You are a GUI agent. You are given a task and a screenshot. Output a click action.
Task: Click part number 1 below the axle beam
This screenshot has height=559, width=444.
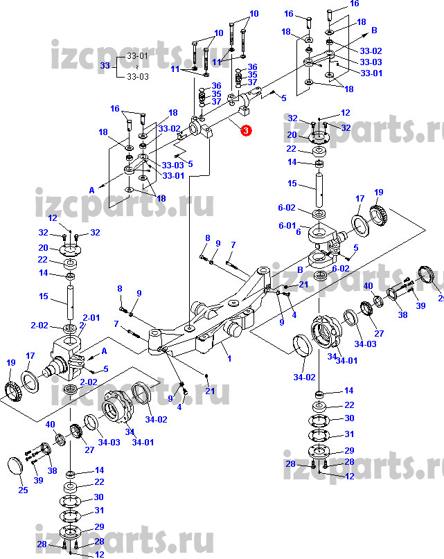click(229, 357)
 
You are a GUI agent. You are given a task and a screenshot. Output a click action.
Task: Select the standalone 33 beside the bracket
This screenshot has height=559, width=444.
click(105, 66)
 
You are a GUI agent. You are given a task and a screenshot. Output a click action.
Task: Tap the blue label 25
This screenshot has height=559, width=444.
click(23, 490)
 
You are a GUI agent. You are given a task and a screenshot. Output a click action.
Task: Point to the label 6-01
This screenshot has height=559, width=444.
click(287, 226)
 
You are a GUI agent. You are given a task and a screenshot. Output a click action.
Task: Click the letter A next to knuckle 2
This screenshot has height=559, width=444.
click(104, 351)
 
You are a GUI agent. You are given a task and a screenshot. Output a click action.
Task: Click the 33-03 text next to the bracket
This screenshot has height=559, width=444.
click(139, 76)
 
